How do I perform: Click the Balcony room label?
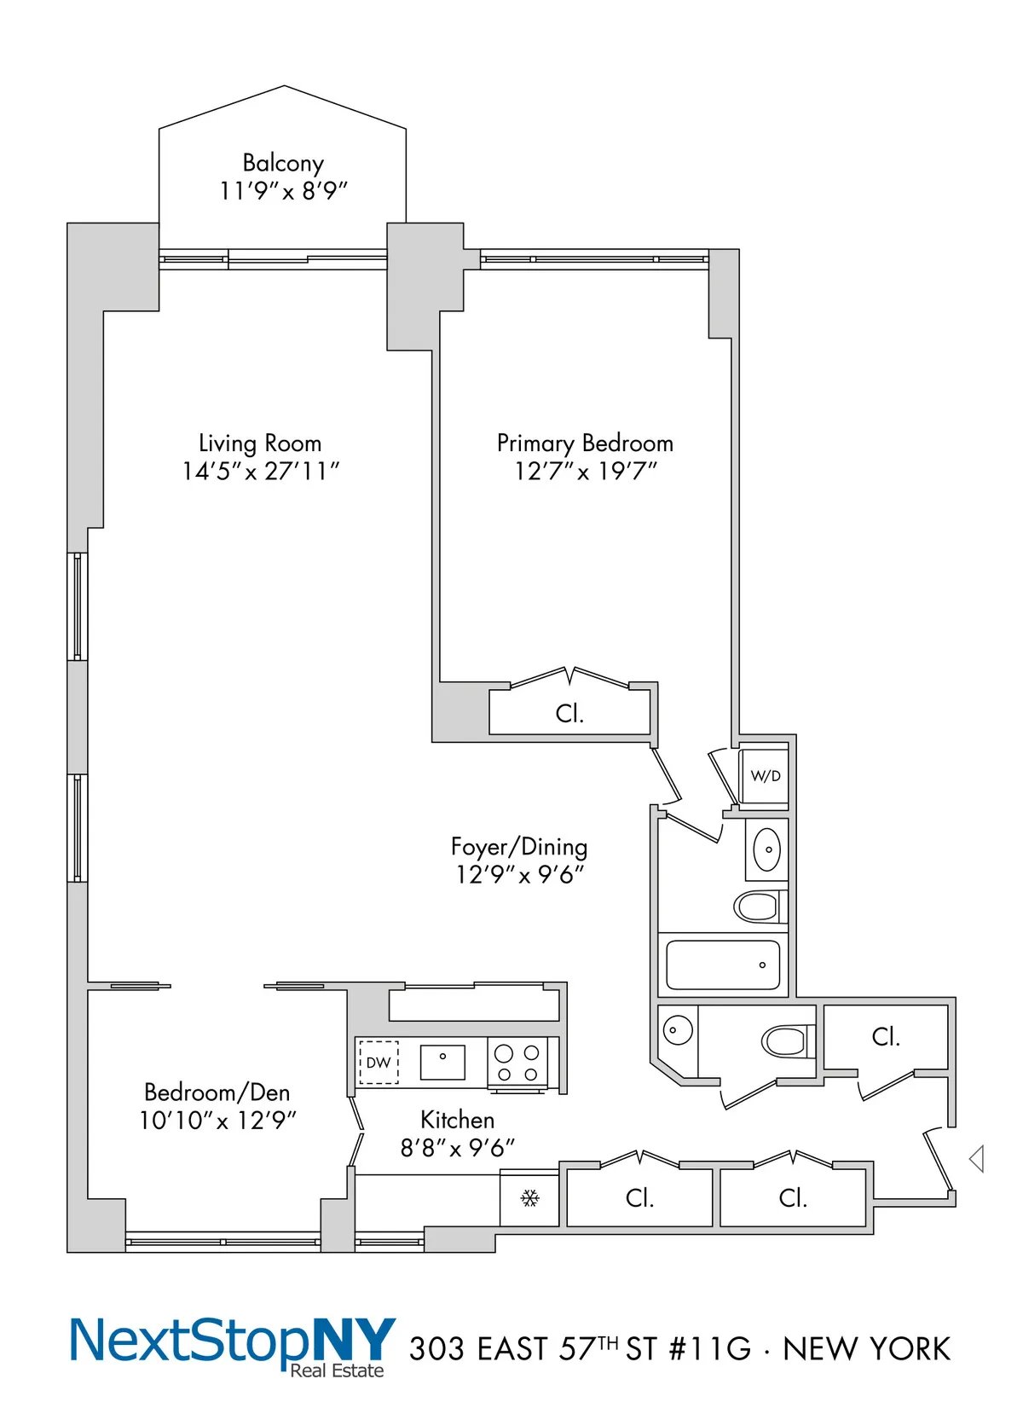pos(283,162)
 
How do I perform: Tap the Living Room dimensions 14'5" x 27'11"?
pos(261,471)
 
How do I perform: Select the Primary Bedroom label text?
pos(585,443)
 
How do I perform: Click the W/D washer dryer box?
pos(765,776)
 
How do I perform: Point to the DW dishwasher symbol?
pos(378,1063)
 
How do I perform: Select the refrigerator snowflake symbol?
pos(529,1198)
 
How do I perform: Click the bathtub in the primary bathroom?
pos(722,965)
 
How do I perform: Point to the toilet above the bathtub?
pos(759,906)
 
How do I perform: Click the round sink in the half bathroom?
pos(678,1029)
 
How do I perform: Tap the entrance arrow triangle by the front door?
pos(977,1158)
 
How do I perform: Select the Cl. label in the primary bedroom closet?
pos(569,713)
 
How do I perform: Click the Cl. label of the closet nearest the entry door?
pos(886,1036)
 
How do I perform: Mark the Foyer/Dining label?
pos(519,846)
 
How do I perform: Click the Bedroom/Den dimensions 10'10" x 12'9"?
pos(217,1120)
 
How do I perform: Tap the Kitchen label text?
pos(457,1119)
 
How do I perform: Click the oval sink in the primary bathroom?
pos(767,849)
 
